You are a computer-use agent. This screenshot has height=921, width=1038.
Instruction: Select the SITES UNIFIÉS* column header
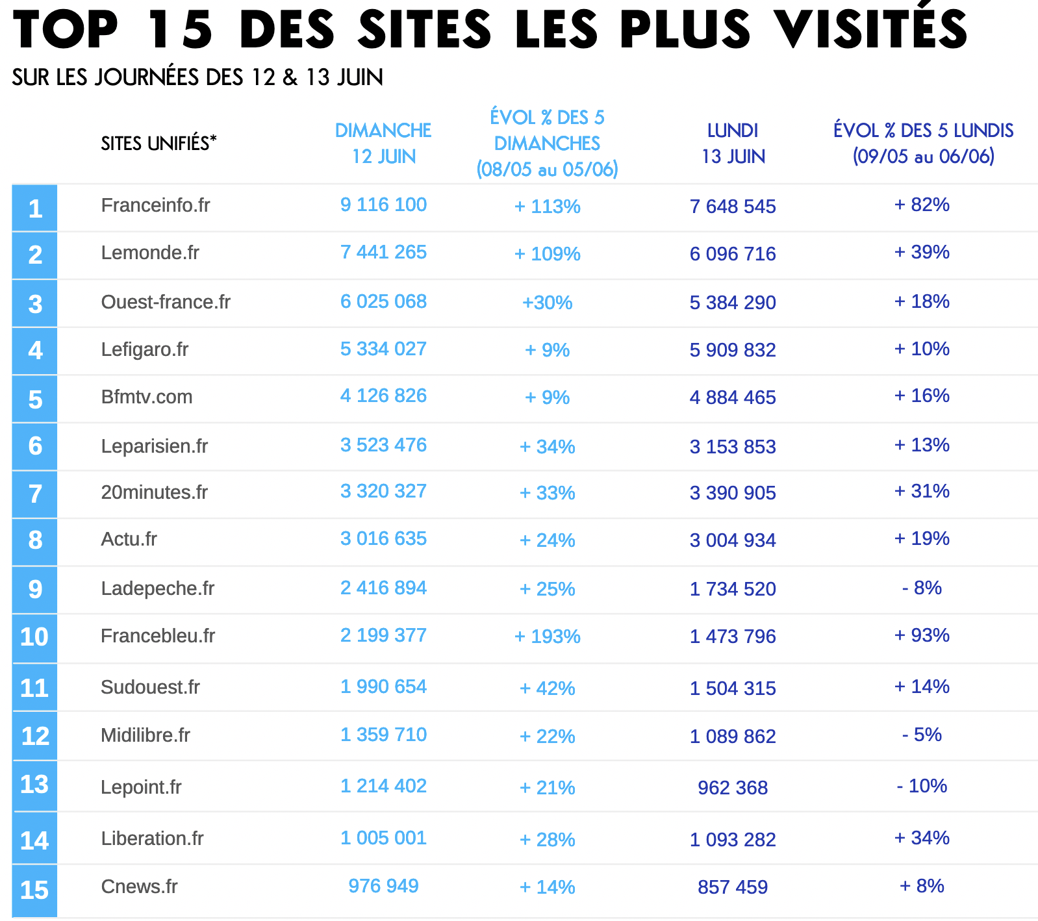(x=158, y=143)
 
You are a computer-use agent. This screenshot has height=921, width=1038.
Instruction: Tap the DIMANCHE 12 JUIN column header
(x=383, y=143)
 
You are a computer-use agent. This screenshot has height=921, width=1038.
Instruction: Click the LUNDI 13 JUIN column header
(x=733, y=143)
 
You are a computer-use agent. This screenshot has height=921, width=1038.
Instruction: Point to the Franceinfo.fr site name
(x=155, y=205)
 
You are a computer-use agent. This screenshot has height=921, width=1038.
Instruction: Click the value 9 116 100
(x=383, y=205)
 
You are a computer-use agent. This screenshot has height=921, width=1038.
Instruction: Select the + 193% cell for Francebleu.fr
(x=547, y=637)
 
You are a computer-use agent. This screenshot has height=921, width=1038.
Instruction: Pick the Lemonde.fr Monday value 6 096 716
(x=733, y=254)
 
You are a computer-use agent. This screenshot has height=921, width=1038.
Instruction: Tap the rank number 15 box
(x=34, y=890)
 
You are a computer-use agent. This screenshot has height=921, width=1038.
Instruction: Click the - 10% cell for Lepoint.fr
(x=922, y=786)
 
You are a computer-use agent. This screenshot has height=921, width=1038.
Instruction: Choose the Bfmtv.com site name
(x=147, y=397)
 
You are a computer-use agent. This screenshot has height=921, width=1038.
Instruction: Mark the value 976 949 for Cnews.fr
(x=383, y=886)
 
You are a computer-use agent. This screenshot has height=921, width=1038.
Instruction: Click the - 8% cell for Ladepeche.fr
(x=922, y=588)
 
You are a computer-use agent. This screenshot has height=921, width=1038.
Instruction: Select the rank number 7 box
(x=34, y=494)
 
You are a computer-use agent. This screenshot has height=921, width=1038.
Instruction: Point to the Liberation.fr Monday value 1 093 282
(x=733, y=840)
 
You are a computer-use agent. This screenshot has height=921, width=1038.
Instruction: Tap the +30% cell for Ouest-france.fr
(x=547, y=303)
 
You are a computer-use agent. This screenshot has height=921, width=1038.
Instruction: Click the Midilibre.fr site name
(x=146, y=735)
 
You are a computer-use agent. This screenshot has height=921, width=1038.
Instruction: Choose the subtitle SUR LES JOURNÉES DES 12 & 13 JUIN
(x=197, y=77)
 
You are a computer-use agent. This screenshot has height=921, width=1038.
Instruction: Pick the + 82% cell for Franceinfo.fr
(x=922, y=205)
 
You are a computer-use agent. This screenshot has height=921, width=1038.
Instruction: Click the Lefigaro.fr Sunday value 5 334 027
(x=383, y=349)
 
